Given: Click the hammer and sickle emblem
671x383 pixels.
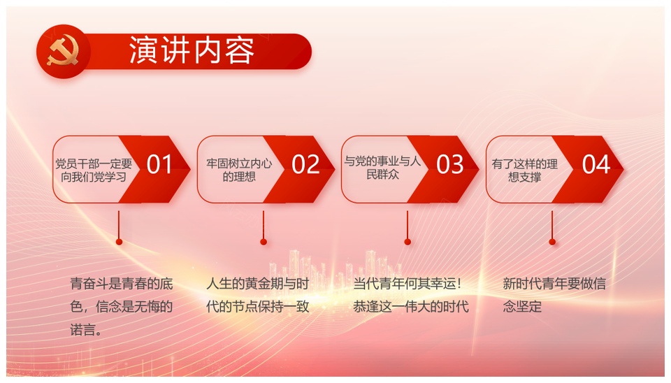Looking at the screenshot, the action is point(63,51).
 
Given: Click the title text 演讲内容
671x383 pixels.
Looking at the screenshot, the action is point(192,50).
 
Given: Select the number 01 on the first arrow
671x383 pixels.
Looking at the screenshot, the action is point(159,164).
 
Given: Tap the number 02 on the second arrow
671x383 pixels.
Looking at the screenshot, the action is point(305,164).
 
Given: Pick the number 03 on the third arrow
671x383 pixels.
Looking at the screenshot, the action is point(449,164).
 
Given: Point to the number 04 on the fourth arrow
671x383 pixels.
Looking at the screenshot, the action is point(596,164).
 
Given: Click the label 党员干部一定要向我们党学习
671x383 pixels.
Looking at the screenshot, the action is point(94,171).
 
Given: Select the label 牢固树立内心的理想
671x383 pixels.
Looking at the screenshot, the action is point(239,170).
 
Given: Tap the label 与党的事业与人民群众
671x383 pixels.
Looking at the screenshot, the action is point(382,168).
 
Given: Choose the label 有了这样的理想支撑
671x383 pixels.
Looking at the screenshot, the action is point(525,171).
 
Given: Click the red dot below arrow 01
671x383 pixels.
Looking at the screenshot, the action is point(119,242).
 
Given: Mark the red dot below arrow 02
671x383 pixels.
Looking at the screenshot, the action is point(264,242).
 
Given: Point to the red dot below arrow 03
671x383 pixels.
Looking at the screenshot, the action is point(407,242).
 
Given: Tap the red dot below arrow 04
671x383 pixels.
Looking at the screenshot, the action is point(552,242).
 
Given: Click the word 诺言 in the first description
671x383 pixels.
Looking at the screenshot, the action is point(82,330).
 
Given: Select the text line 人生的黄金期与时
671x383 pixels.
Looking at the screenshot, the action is point(258,284).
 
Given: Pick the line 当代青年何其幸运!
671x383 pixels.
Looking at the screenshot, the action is point(407,284).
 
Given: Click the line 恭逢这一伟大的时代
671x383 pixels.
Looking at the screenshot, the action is point(411,307).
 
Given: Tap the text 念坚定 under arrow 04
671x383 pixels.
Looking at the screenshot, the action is point(522,307).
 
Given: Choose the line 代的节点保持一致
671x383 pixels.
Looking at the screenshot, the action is point(258,307).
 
